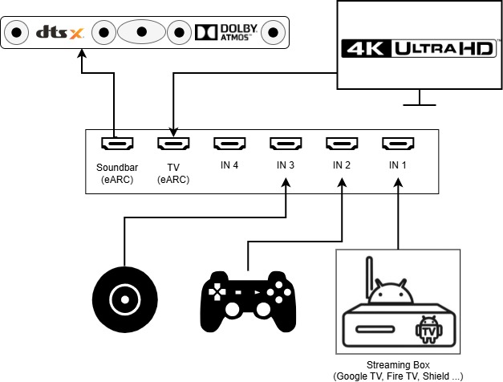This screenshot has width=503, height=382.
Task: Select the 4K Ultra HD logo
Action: point(417,48)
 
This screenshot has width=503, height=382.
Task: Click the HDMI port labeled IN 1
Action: point(398,144)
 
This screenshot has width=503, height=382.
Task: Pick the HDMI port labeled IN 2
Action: point(342,144)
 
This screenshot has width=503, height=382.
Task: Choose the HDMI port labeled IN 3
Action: point(286,144)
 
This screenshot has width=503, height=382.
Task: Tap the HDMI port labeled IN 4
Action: point(229,144)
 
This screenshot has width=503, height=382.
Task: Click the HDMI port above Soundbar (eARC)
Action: point(117,144)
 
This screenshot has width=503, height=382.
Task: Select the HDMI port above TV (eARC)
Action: point(173,144)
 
